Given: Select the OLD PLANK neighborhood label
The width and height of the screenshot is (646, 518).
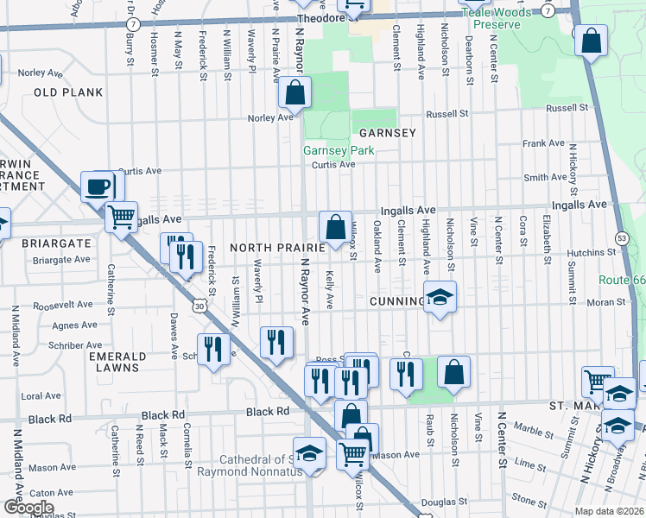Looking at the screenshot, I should point(68,92).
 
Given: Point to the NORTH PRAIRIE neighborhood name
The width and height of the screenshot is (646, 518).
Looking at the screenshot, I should point(276,248).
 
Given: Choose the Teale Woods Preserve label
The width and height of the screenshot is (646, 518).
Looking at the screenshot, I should point(491,18).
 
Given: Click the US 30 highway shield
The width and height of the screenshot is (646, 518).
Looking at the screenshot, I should point(200,306).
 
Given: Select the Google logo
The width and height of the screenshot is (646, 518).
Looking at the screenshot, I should point(28,508).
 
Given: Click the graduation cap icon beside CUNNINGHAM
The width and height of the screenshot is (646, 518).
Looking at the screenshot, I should point(440,299).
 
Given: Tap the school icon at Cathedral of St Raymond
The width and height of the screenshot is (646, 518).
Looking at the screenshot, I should point(309,454).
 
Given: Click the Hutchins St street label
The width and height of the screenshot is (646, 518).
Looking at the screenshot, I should point(590,253).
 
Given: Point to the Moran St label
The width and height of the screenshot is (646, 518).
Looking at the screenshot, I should point(604,302).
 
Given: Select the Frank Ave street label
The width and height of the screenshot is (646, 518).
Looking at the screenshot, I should point(542,143).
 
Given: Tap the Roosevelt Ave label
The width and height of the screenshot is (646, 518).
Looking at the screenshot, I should point(60,306).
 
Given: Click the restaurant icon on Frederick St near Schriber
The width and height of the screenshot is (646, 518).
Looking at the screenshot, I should point(212,349).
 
